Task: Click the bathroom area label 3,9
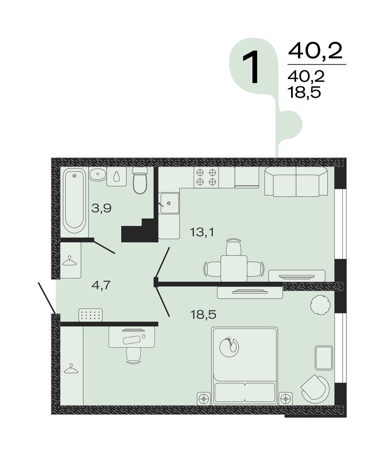tap(101, 208)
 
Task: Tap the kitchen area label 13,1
tap(202, 232)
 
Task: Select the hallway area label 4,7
tap(101, 286)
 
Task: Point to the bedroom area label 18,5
tap(203, 314)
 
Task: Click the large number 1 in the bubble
tap(251, 67)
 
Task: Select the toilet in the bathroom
tap(140, 180)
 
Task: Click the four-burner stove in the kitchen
tap(206, 177)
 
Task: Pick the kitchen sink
tap(169, 203)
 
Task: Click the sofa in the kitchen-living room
tap(296, 182)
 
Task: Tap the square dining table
tap(234, 268)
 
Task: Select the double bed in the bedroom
tap(245, 366)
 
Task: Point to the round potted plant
tap(320, 305)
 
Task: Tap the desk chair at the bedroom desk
tap(134, 355)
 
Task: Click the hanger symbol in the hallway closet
tap(70, 261)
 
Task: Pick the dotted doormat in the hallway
tap(91, 315)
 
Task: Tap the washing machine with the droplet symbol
tap(116, 176)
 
